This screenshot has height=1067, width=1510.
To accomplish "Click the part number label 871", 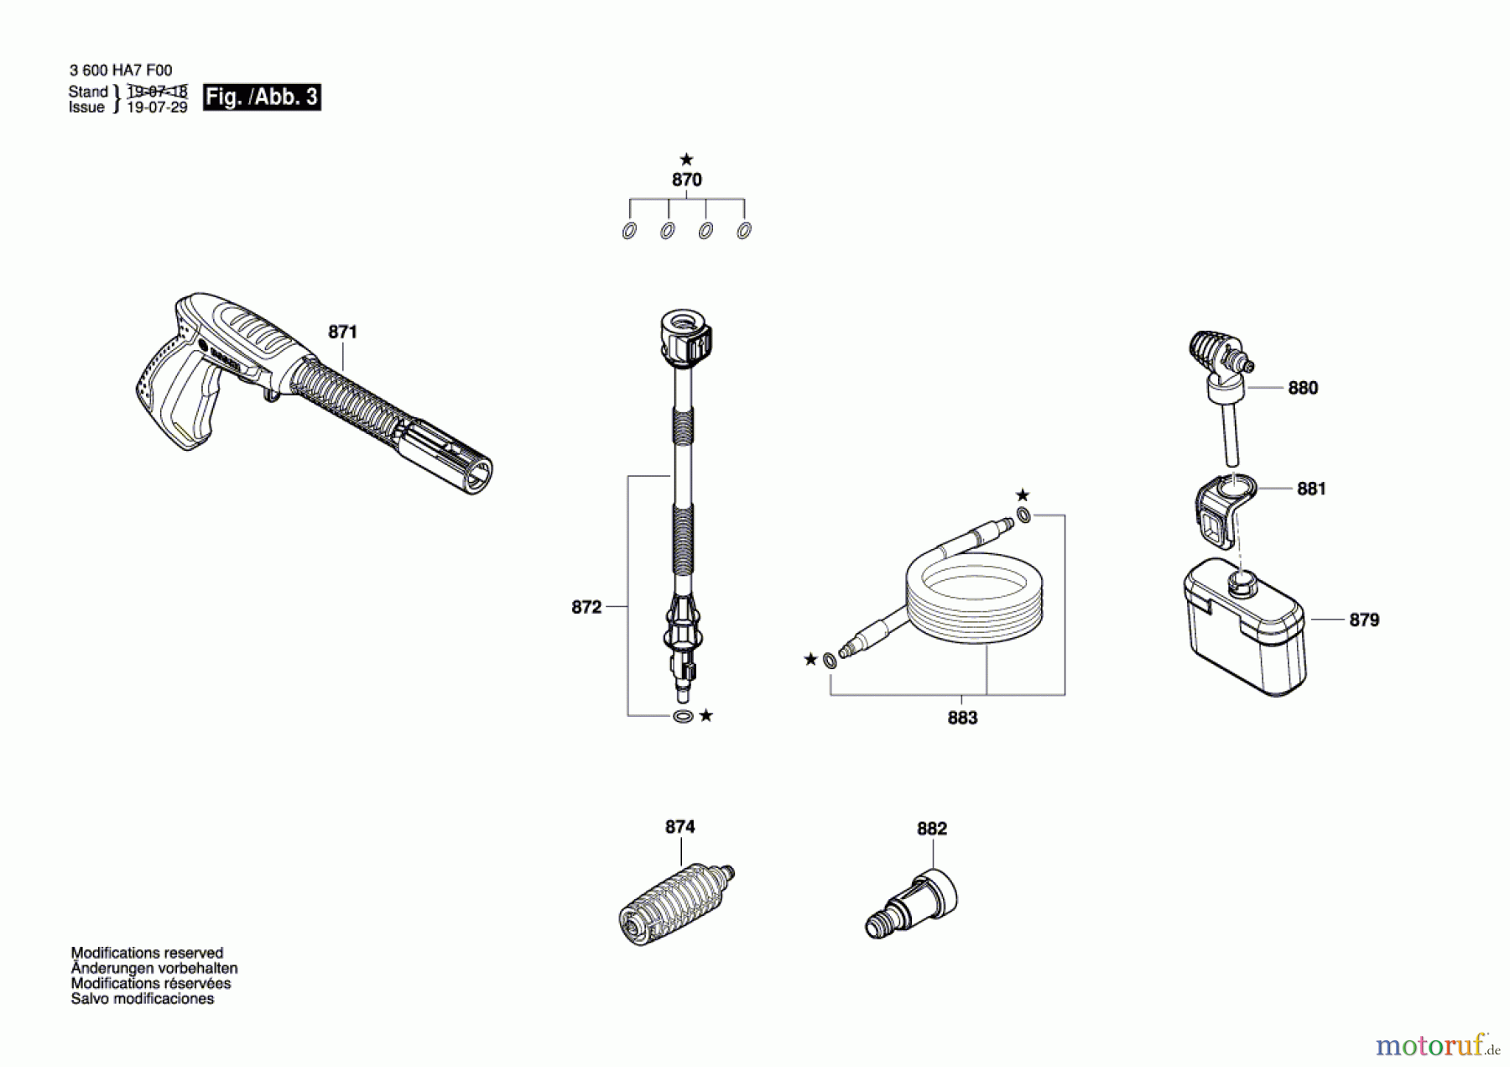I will coord(342,332).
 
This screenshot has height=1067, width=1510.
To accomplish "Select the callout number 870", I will coord(686,180).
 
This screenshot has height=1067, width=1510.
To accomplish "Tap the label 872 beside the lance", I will coord(586,607).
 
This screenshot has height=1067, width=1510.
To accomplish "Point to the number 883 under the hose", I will coord(962,718).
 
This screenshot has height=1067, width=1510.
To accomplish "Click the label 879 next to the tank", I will coord(1364,620).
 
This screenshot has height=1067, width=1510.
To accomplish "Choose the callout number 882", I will coord(931,829).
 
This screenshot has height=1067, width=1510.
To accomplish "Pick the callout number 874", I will coord(679,827).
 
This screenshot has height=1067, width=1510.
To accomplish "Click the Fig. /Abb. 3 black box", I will coord(262,97).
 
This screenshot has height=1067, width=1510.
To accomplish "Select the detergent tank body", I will coord(1246,638).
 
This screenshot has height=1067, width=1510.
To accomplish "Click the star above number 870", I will coord(686,160).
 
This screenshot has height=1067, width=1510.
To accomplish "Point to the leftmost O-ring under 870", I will coord(629,231).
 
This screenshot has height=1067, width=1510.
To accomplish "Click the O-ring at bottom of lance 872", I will coord(683,716).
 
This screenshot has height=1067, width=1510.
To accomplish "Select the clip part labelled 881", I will coord(1221,512).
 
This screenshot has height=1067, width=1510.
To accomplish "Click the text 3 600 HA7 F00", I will coord(121,71).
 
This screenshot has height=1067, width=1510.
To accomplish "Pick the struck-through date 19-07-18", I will coord(157,92).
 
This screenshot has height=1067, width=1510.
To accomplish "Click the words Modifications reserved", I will coord(147,953).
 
